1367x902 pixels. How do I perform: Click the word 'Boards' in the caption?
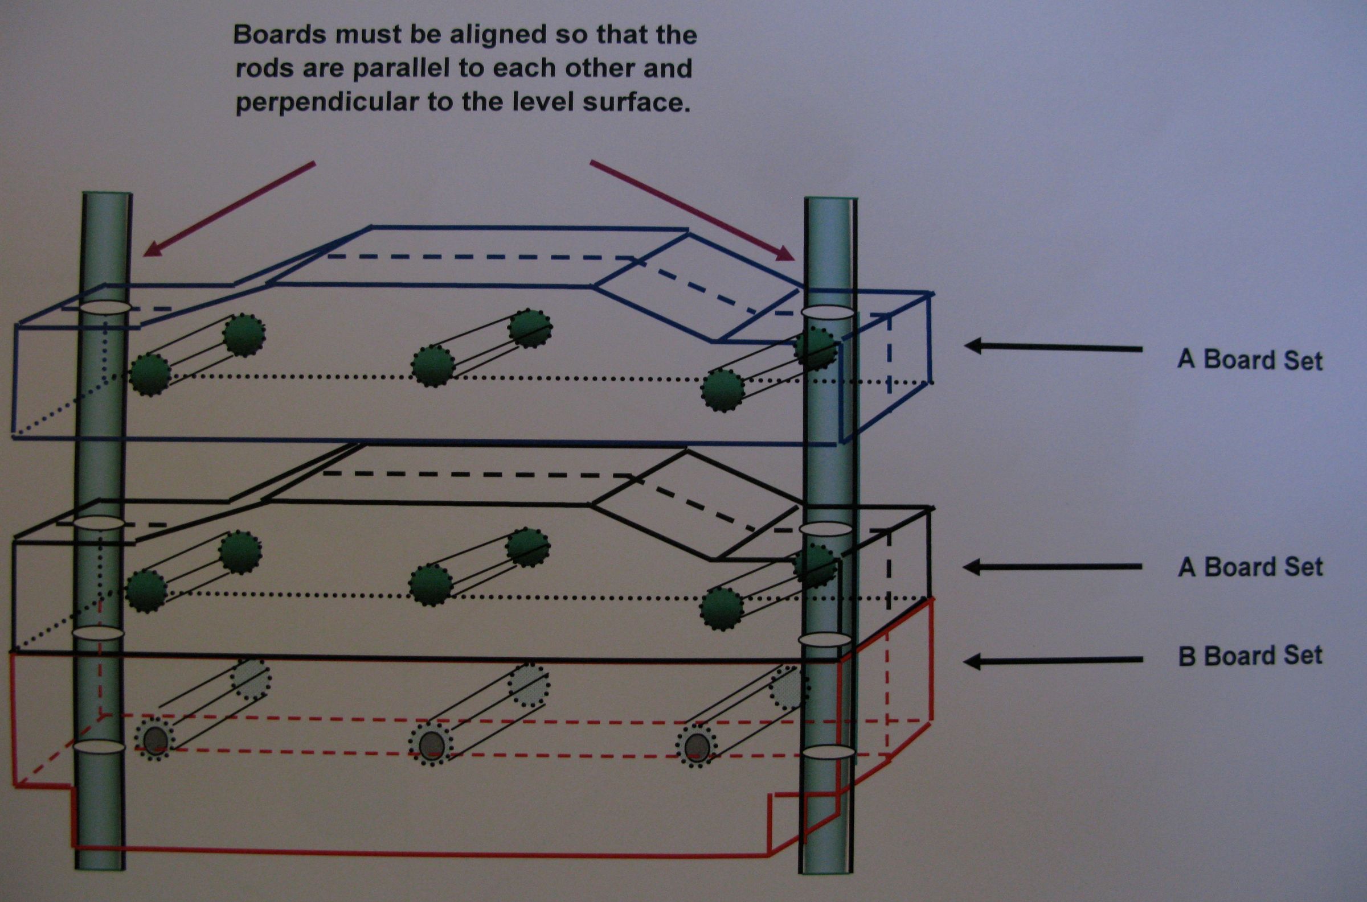point(280,36)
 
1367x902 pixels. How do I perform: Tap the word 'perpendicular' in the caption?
point(326,103)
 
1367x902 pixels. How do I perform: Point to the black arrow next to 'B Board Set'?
point(1053,661)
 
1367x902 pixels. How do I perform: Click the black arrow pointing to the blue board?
point(1053,347)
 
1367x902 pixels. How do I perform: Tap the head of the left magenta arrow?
point(152,250)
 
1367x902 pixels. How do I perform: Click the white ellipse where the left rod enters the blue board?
point(104,308)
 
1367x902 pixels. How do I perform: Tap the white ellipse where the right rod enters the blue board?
point(827,312)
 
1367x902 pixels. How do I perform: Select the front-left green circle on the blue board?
point(150,374)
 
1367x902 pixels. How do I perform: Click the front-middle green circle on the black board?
point(431,586)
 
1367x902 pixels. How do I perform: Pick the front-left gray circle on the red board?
point(154,742)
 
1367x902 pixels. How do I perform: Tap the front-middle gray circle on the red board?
point(432,746)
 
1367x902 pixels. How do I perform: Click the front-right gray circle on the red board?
point(697,746)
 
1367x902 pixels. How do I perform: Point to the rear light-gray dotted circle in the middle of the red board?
point(528,685)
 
